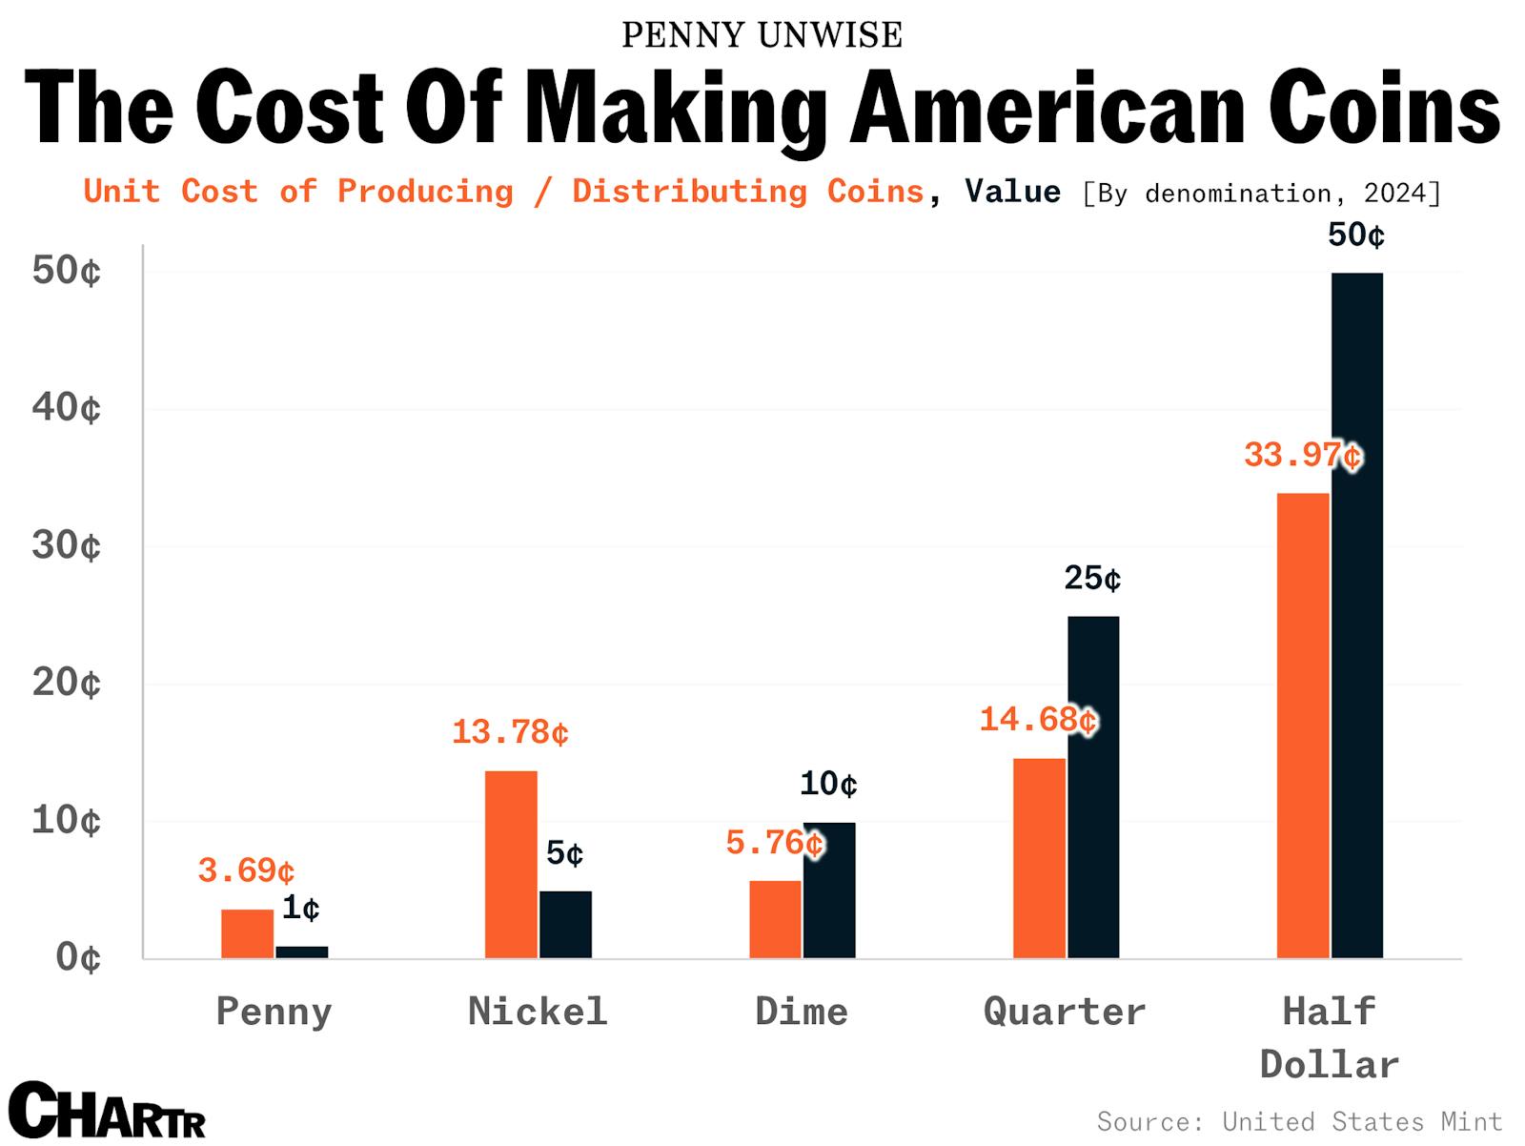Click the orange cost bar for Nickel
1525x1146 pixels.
(511, 864)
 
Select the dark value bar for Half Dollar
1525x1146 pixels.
(1356, 615)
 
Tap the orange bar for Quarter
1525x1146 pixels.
(1039, 858)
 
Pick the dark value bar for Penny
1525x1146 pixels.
(302, 952)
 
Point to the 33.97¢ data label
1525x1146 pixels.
(1302, 456)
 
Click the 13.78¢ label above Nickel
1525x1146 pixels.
(510, 732)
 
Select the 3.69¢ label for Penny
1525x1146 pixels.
(246, 870)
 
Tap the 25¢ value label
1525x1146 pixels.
(1092, 578)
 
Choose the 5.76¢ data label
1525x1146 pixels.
(774, 843)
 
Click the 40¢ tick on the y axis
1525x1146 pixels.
(66, 408)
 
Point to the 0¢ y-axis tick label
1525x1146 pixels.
(76, 957)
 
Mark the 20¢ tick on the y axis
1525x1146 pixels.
(66, 683)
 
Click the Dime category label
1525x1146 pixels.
(802, 1011)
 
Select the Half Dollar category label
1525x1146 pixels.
(1330, 1037)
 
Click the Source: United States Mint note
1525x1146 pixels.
(1299, 1120)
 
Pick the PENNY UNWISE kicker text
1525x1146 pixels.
(762, 35)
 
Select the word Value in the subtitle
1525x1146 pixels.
(1012, 192)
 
